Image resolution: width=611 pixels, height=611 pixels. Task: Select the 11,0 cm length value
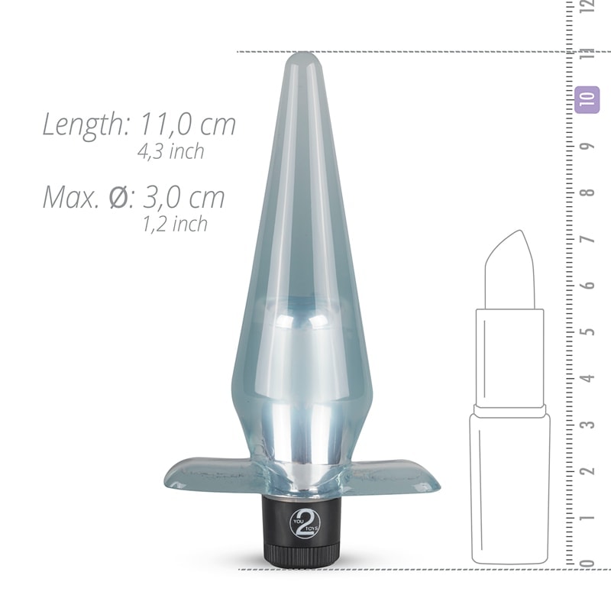pos(186,124)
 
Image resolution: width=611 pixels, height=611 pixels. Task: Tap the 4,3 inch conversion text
pos(170,151)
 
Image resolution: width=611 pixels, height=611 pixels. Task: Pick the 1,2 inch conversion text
pos(174,224)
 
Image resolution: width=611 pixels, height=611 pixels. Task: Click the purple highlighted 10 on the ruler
pos(587,99)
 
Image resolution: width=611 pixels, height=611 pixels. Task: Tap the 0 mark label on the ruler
pos(587,563)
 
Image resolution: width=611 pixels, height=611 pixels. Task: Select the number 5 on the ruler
pos(587,331)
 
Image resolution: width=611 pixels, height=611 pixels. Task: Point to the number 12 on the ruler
pos(587,8)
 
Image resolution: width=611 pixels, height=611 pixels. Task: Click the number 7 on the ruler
pos(587,239)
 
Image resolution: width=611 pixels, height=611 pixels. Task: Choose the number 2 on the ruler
pos(587,470)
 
